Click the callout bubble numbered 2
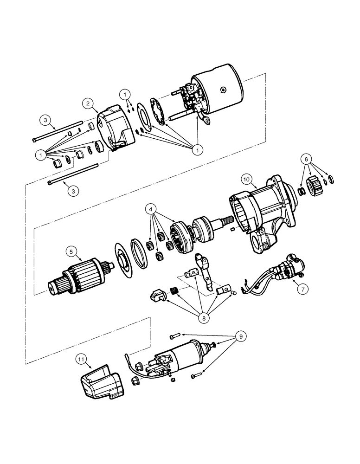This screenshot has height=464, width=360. (x=89, y=103)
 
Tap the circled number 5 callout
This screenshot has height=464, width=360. (x=71, y=252)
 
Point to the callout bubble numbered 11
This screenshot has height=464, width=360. (x=82, y=358)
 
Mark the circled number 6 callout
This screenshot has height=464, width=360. (x=306, y=159)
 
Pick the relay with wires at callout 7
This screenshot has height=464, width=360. (x=288, y=269)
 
